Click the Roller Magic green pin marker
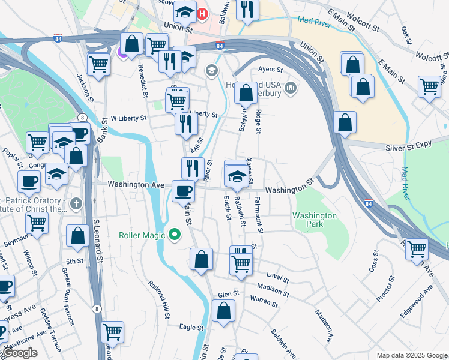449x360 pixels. [x=175, y=234]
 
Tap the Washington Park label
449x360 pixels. [x=315, y=220]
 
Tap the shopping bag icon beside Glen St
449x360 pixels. [x=223, y=311]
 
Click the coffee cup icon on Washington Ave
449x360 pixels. [x=183, y=191]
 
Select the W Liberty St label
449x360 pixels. [x=128, y=118]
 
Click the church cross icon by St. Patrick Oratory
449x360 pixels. [x=75, y=204]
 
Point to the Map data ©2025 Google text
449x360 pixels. [x=411, y=355]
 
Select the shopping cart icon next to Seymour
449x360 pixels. [x=37, y=223]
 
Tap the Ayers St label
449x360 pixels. [x=270, y=70]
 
